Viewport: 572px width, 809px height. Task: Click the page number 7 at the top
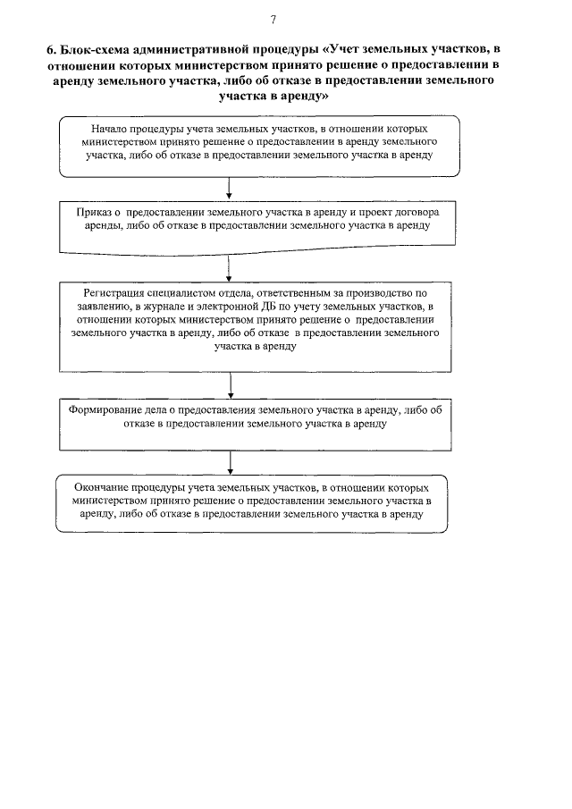273,20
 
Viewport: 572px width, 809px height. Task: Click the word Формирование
105,410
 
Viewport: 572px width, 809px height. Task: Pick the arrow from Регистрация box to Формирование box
231,384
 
